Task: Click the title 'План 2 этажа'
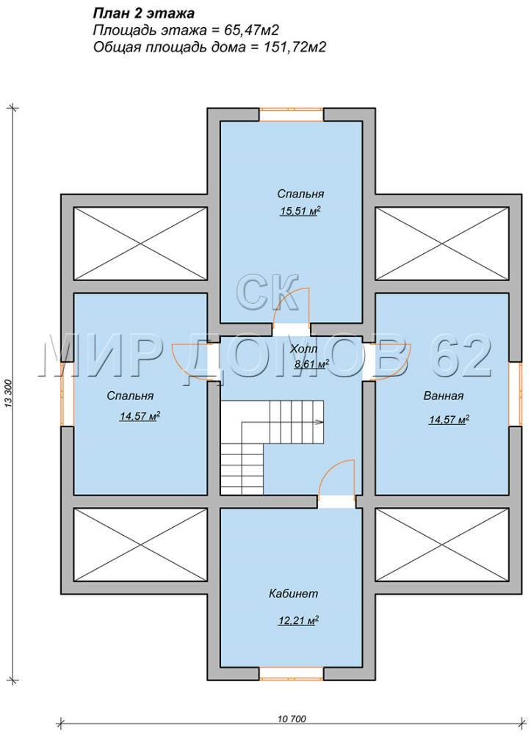click(x=144, y=12)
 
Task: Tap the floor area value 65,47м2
click(x=249, y=30)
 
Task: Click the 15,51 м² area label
click(x=300, y=211)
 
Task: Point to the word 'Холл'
click(x=303, y=349)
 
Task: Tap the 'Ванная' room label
click(x=444, y=396)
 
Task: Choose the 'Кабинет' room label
click(x=293, y=594)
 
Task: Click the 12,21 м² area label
click(x=299, y=621)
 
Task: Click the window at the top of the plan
click(x=292, y=115)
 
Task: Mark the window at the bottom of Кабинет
click(x=292, y=673)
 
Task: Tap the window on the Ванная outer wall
click(x=516, y=393)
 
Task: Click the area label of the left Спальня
click(x=140, y=416)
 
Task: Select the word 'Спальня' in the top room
click(x=300, y=194)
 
